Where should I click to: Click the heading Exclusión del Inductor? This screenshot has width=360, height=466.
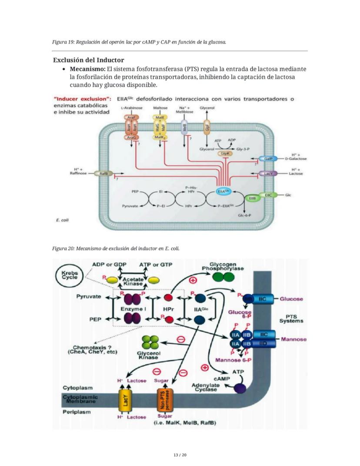pos(88,60)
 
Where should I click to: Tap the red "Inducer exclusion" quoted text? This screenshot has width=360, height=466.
pos(81,99)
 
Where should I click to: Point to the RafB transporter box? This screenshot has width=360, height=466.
pos(103,173)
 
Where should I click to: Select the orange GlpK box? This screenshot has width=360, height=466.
pos(225,154)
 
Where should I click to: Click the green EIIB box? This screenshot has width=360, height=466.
pos(252,198)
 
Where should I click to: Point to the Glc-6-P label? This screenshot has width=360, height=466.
pos(246,215)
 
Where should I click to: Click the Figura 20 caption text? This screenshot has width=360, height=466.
pos(115,248)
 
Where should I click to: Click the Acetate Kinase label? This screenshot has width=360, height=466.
pos(133,282)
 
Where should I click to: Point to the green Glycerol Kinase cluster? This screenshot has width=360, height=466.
pos(150,342)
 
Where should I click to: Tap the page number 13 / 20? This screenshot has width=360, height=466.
pos(180,455)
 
